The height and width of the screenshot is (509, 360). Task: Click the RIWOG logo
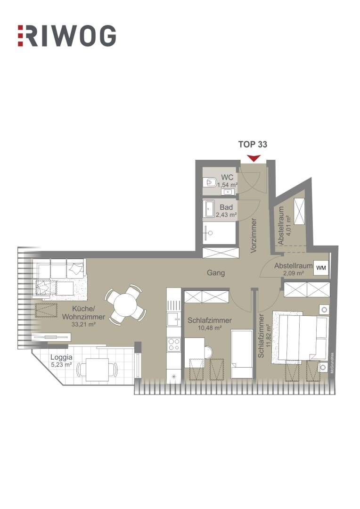click(x=66, y=36)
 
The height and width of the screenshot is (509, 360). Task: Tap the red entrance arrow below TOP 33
click(x=254, y=158)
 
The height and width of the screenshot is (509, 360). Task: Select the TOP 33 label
click(x=253, y=145)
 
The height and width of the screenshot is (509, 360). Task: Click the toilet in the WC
click(x=210, y=182)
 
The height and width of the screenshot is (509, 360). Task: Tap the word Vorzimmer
click(x=254, y=236)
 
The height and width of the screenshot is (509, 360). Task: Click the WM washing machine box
click(x=321, y=268)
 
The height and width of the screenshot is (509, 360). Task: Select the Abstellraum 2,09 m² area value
click(x=293, y=273)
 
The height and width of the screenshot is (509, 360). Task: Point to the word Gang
click(x=216, y=272)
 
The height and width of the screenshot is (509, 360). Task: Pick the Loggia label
click(x=61, y=357)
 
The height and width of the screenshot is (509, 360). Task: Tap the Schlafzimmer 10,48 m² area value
click(x=209, y=328)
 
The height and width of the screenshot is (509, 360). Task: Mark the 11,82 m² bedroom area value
click(x=269, y=335)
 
